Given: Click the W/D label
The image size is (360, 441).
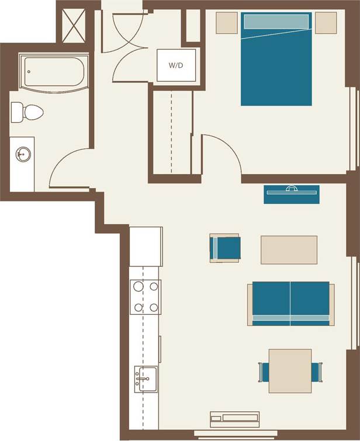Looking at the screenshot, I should pyautogui.click(x=176, y=65).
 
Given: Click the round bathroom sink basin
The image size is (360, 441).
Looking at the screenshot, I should pyautogui.click(x=23, y=155).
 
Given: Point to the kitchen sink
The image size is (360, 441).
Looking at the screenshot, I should pyautogui.click(x=146, y=380).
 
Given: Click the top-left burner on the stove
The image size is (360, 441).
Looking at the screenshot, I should pyautogui.click(x=139, y=287).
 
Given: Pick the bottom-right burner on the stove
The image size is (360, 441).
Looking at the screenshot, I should pyautogui.click(x=154, y=307).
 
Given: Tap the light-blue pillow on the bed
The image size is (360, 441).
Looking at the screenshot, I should pyautogui.click(x=275, y=22).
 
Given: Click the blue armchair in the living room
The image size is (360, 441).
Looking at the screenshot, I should pyautogui.click(x=226, y=248).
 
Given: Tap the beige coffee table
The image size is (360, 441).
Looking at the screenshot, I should pyautogui.click(x=289, y=249).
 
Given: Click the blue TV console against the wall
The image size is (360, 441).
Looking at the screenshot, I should pyautogui.click(x=291, y=195).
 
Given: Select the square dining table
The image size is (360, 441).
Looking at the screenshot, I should pyautogui.click(x=290, y=371).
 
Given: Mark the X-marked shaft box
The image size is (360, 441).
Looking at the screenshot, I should pyautogui.click(x=75, y=23).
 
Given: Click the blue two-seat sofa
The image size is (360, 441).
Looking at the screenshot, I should pyautogui.click(x=290, y=304).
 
